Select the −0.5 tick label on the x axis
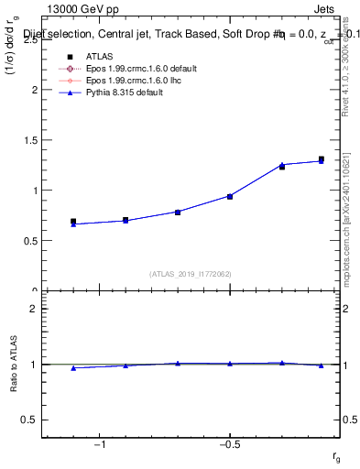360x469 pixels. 229,445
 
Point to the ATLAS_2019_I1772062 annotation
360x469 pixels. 190,274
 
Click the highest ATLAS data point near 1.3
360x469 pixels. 321,159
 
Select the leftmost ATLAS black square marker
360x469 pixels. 73,222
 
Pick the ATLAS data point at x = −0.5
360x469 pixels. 230,196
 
